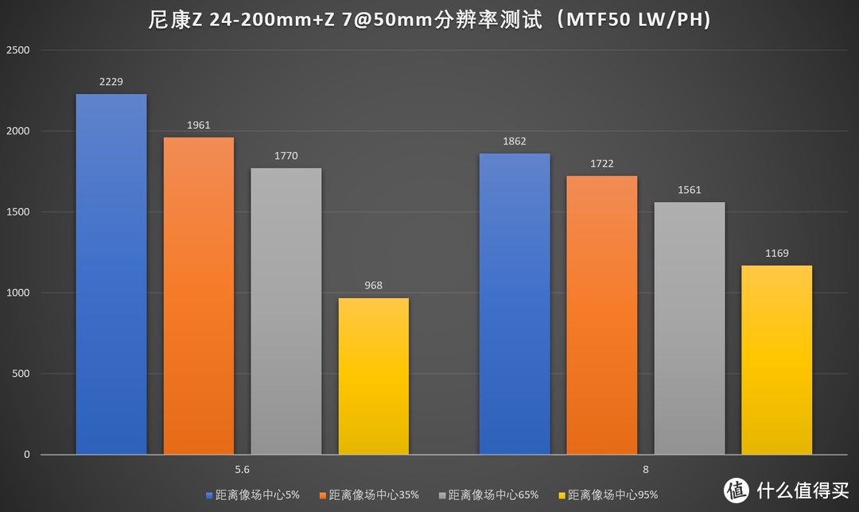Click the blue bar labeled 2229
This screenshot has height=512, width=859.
coord(111,274)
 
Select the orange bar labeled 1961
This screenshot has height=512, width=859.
coord(199,296)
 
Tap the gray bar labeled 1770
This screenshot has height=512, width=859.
coord(286,311)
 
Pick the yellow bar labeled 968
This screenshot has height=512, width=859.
coord(374,376)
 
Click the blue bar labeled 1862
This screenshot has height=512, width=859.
coord(515,304)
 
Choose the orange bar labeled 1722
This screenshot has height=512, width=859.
coord(602,315)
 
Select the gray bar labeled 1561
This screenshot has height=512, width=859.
coord(690,328)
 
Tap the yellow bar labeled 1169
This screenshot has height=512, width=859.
coord(777,360)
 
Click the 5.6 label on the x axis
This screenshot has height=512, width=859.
coord(243,469)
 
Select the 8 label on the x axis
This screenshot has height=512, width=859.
coord(645,469)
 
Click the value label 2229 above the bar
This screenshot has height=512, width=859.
coord(111,82)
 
